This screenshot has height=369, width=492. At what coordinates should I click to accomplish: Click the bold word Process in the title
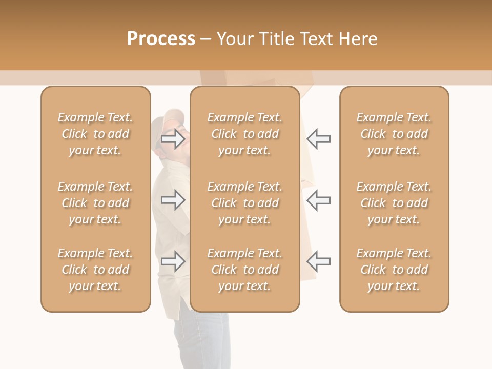161,38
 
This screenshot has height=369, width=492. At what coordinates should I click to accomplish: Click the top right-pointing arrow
173,139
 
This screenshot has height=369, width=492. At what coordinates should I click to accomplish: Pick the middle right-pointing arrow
173,200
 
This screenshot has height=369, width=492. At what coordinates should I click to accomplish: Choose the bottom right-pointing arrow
173,261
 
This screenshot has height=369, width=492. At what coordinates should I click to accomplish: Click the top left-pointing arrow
318,139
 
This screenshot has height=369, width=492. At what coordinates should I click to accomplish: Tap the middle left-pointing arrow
318,200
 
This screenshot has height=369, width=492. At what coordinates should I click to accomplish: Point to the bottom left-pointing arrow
318,261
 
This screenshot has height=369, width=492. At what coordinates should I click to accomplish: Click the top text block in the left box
95,134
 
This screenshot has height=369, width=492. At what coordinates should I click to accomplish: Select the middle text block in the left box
95,203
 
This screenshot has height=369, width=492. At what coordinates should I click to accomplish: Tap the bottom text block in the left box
95,270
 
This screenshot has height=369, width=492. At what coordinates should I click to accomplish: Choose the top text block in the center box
244,134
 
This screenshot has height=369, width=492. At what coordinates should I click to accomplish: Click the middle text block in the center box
244,203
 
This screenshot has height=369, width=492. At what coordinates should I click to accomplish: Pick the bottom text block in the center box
244,270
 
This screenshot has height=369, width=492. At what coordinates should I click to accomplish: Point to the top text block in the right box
394,134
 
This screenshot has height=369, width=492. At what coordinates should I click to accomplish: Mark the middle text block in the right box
394,203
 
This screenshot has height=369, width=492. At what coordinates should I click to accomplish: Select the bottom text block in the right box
394,270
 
